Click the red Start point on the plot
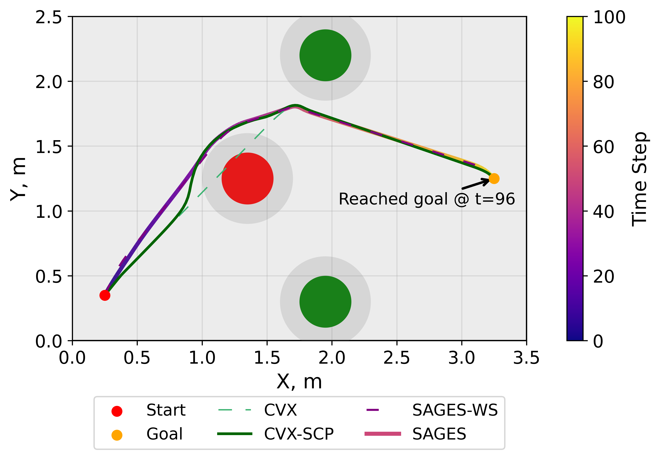pos(105,295)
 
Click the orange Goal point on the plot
pos(494,179)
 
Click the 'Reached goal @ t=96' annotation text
pos(427,199)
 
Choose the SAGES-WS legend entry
pos(455,410)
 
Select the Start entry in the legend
pos(166,410)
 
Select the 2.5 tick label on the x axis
pos(397,358)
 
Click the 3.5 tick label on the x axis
pos(526,358)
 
